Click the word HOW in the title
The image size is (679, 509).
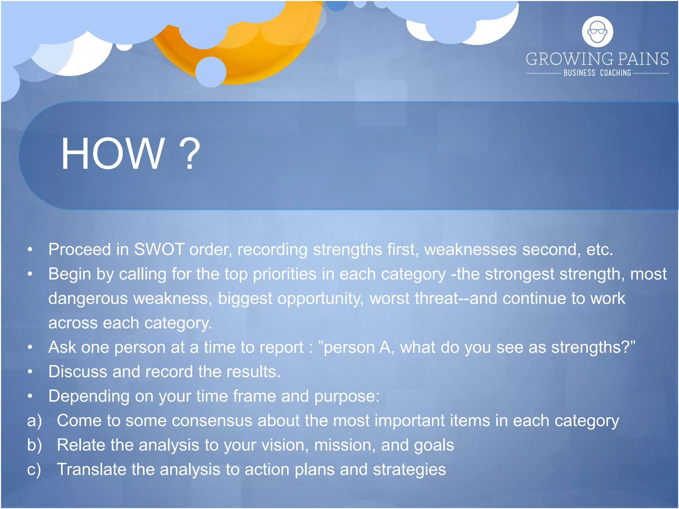click(113, 154)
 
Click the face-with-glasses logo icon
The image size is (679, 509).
click(597, 32)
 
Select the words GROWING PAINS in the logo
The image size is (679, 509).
click(597, 59)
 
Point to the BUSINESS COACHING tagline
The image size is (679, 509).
click(597, 73)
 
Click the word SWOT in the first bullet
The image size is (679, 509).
click(159, 250)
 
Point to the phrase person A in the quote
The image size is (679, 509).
click(358, 348)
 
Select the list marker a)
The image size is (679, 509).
click(34, 421)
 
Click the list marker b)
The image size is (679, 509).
click(34, 445)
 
